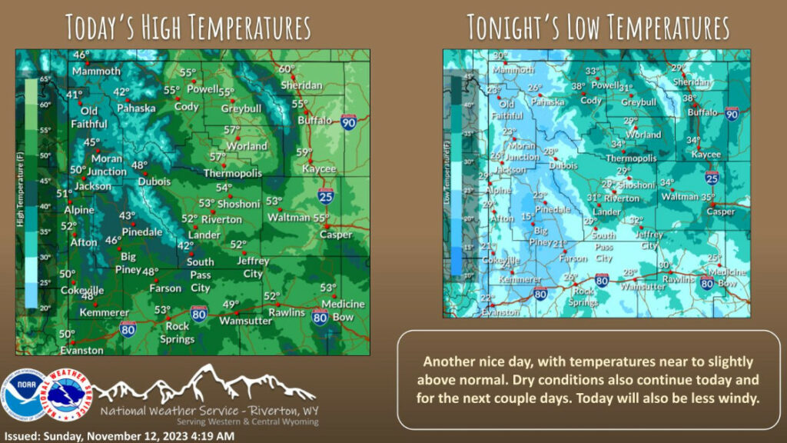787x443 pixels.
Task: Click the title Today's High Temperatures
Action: click(188, 27)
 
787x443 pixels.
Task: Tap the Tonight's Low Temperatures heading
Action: click(598, 28)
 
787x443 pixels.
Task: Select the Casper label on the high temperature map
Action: click(336, 235)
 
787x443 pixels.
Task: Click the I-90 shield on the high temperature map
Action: click(348, 121)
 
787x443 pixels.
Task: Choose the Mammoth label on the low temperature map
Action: click(513, 69)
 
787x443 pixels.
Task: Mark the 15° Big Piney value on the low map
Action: click(526, 217)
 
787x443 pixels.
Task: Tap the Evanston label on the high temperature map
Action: click(81, 350)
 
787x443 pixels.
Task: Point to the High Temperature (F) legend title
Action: click(18, 191)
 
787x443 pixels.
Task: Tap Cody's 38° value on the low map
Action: click(578, 87)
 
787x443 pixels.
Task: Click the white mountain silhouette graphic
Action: click(204, 382)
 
